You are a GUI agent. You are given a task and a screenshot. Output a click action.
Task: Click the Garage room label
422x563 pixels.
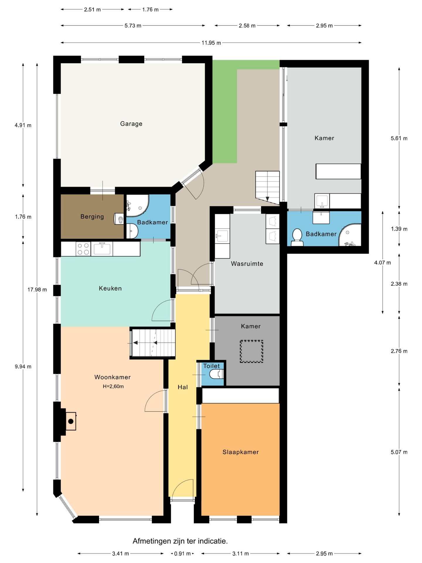[x=131, y=124]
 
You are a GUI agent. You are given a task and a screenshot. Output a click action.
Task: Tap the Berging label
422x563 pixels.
[x=92, y=217]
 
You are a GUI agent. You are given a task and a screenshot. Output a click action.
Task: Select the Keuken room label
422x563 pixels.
[x=110, y=288]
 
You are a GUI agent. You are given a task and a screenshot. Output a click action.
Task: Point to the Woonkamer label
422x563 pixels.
[x=113, y=377]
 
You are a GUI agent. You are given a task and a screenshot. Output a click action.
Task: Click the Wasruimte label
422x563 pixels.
[x=247, y=264]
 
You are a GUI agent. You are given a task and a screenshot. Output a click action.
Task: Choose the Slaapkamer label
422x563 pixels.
[x=241, y=452]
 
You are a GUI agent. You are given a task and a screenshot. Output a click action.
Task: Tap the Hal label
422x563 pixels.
[x=183, y=387]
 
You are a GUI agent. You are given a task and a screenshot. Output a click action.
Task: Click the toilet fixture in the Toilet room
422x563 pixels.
[x=217, y=374]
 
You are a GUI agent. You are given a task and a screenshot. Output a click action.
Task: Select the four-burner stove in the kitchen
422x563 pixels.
[x=83, y=249]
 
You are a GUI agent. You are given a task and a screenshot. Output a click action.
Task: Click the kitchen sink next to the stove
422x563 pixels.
[x=102, y=249]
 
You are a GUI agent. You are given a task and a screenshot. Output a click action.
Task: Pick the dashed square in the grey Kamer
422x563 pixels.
[x=251, y=351]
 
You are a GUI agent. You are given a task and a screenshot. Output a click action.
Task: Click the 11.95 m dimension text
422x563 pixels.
[x=211, y=43]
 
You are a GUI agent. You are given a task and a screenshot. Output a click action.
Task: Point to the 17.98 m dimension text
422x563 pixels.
[x=37, y=290]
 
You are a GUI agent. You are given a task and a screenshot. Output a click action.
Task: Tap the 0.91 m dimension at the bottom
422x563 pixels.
[x=182, y=554]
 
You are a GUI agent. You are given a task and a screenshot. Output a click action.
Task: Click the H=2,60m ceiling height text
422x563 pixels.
[x=113, y=386]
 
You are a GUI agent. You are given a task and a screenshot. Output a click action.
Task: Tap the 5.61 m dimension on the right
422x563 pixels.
[x=399, y=138]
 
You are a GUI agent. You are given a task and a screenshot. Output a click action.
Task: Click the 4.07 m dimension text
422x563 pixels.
[x=382, y=263]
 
